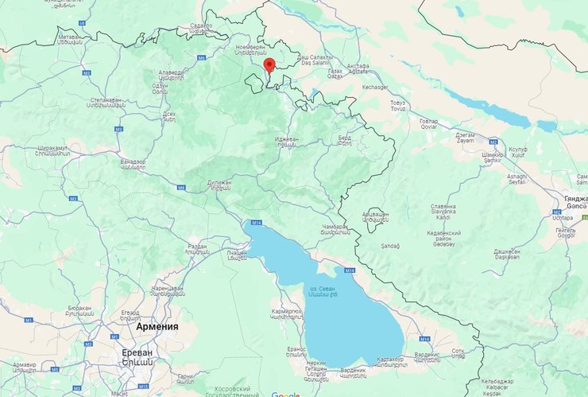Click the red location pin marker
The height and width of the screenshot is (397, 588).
click(269, 65)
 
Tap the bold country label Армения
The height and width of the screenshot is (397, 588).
click(157, 326)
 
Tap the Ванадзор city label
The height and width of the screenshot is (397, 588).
click(133, 165)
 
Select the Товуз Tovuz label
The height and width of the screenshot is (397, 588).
click(398, 107)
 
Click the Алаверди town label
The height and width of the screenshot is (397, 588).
click(171, 76)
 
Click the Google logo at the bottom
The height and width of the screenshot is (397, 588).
click(285, 394)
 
